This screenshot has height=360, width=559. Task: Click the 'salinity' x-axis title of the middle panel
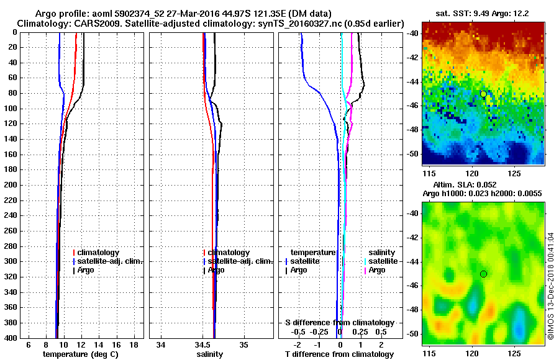[210, 354]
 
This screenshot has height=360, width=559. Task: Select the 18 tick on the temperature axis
[133, 344]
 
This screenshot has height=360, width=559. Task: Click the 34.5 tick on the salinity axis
[203, 344]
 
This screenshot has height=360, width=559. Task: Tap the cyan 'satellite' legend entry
[383, 261]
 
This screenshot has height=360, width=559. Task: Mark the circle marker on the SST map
[483, 94]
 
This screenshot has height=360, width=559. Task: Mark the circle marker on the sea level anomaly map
[483, 274]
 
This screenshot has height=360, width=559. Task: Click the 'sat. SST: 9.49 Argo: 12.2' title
[483, 13]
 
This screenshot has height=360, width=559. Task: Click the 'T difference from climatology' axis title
[339, 354]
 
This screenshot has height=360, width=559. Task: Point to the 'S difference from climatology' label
[340, 323]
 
